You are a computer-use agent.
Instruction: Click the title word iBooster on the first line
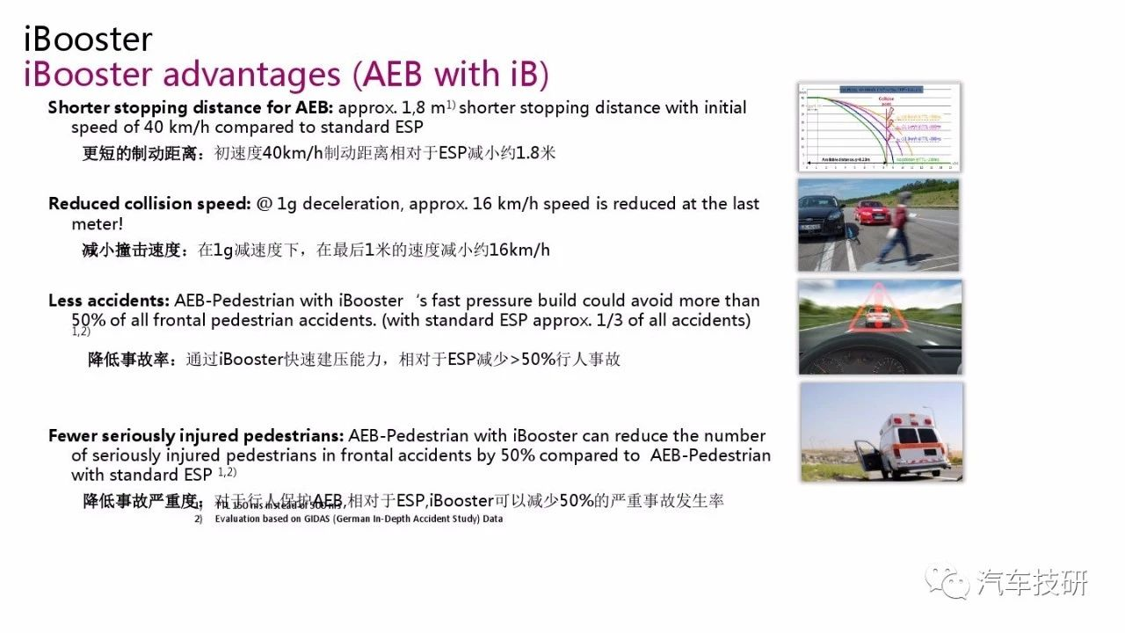(x=88, y=39)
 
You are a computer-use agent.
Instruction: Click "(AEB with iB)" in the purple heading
(x=451, y=76)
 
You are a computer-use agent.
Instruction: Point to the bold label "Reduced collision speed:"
(x=150, y=204)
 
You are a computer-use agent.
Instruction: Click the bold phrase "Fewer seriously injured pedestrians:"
(x=196, y=436)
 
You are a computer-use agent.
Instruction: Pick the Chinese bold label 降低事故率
(x=133, y=359)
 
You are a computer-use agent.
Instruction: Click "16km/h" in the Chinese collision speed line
(x=519, y=250)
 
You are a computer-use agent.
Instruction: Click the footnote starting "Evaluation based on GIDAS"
(x=359, y=519)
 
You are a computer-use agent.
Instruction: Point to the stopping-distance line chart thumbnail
(x=879, y=127)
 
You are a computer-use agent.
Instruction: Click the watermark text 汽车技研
(x=1032, y=583)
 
